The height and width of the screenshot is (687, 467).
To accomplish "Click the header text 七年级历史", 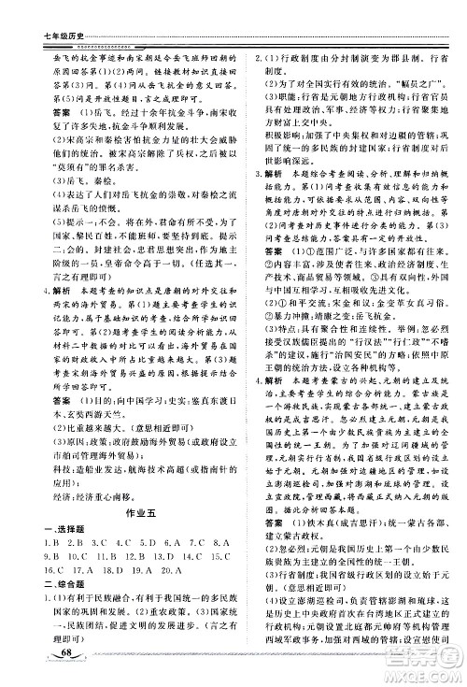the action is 37,11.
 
